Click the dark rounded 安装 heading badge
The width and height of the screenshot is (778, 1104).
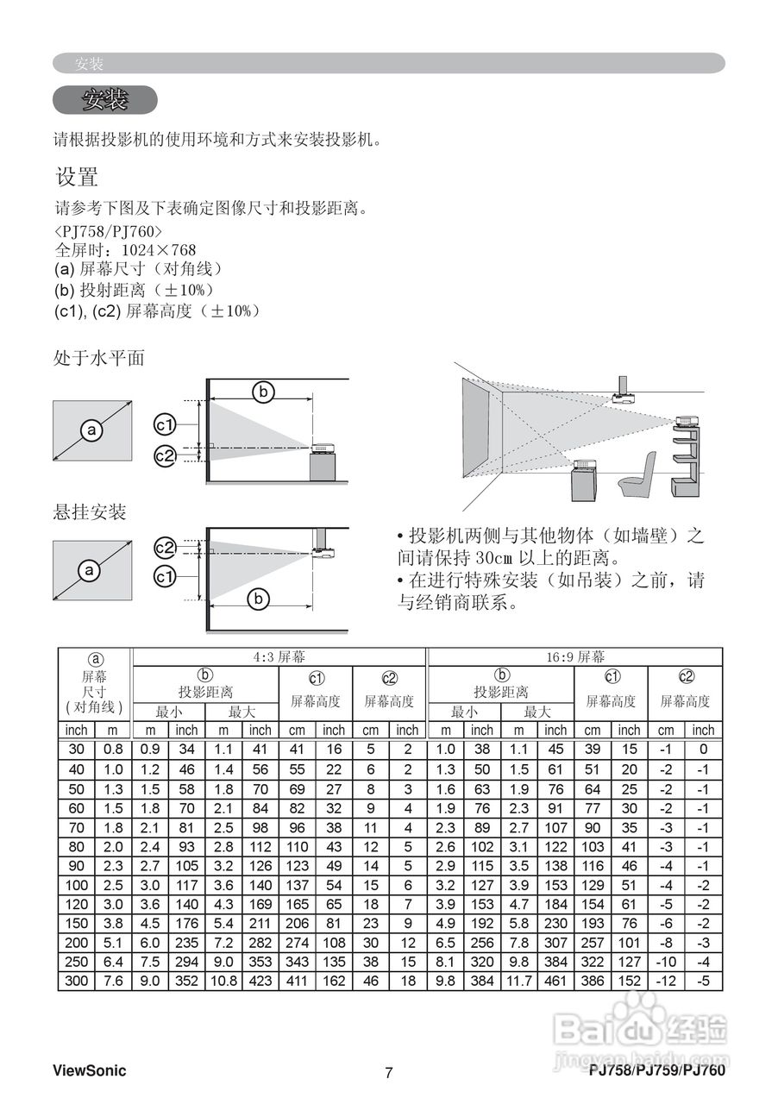[x=104, y=100]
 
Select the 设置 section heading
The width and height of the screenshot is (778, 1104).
[x=77, y=178]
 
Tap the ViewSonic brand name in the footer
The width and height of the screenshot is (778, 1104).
[x=89, y=1071]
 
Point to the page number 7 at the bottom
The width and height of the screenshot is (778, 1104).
[x=388, y=1073]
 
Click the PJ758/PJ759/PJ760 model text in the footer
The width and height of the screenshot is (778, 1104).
[x=657, y=1071]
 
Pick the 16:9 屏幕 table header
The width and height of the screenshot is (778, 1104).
[x=574, y=657]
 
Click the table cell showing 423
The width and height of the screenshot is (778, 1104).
[x=260, y=981]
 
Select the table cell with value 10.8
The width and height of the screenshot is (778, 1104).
[x=223, y=981]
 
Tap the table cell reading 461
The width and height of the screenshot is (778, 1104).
[x=555, y=981]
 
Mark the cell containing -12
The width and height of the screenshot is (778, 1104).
[x=666, y=981]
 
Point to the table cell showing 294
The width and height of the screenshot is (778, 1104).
[x=185, y=962]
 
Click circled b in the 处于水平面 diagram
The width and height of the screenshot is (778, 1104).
[x=262, y=392]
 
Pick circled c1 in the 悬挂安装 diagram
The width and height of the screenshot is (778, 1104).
[x=165, y=575]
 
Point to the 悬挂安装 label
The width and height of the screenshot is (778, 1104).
[x=90, y=512]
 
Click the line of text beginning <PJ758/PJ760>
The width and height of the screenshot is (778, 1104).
[x=108, y=232]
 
